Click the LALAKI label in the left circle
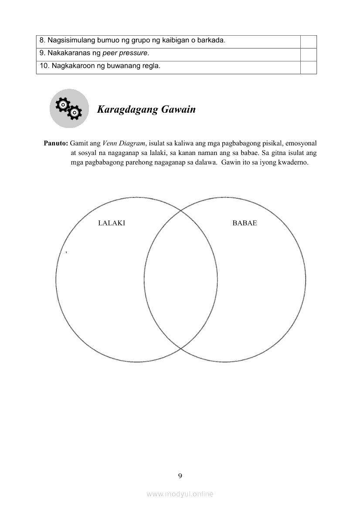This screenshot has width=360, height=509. click(112, 223)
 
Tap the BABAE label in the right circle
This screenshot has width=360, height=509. click(245, 223)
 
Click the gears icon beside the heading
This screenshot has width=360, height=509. click(69, 108)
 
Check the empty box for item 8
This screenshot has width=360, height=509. click(308, 41)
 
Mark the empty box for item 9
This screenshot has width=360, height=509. click(308, 54)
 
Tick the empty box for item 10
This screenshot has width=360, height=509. click(308, 67)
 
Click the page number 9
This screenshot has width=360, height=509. click(180, 475)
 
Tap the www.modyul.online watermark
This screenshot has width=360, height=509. click(180, 494)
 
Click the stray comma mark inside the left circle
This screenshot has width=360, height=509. click(65, 252)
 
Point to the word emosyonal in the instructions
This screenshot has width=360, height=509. click(301, 143)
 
